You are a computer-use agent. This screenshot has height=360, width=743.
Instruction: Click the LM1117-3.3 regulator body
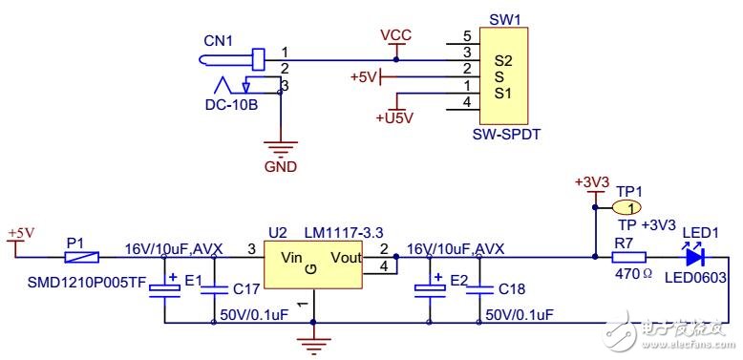[x=314, y=266]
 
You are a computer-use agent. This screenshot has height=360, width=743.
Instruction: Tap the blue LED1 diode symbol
[x=694, y=256]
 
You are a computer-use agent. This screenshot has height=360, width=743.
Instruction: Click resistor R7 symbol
[x=628, y=256]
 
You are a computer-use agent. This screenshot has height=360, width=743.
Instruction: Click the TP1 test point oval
[x=626, y=207]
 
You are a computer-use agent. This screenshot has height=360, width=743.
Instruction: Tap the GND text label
[x=280, y=166]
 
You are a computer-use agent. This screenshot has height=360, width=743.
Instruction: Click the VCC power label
[x=395, y=35]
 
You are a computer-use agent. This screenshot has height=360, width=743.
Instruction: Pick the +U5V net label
[x=393, y=117]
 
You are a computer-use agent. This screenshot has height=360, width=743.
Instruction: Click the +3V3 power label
[x=591, y=182]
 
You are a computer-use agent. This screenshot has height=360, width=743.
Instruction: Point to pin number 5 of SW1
[x=466, y=36]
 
